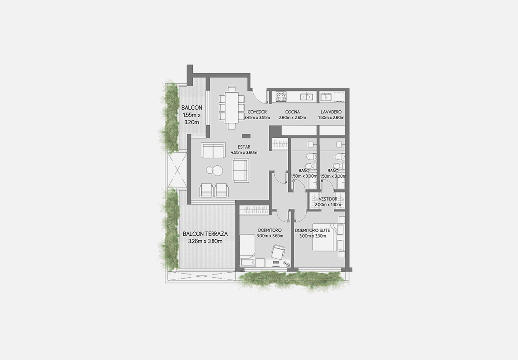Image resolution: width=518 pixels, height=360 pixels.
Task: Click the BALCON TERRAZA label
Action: [205, 234]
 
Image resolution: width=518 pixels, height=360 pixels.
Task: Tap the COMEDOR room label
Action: [257, 112]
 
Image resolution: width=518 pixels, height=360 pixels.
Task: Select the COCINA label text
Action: [292, 112]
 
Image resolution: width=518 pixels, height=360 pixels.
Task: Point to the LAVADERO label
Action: [331, 112]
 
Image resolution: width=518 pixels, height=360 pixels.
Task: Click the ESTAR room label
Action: [244, 147]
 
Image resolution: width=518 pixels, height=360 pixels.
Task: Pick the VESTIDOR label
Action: [328, 199]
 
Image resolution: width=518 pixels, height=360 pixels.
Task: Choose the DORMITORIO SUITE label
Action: [313, 230]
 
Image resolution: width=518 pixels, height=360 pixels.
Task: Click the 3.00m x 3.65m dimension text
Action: [269, 236]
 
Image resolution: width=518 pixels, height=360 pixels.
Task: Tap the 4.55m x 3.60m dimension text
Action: [244, 153]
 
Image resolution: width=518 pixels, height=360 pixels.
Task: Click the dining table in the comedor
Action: [232, 107]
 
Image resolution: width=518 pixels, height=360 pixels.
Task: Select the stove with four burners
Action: [281, 96]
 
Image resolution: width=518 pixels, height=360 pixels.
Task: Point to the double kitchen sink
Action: [307, 97]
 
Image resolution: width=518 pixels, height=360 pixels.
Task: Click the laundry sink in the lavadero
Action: [326, 96]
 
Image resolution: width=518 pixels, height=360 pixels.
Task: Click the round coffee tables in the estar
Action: [214, 170]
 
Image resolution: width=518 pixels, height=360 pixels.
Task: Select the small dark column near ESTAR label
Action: [246, 135]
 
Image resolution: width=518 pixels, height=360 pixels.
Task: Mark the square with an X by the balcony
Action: [177, 171]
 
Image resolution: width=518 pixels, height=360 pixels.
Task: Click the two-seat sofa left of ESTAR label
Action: [214, 151]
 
